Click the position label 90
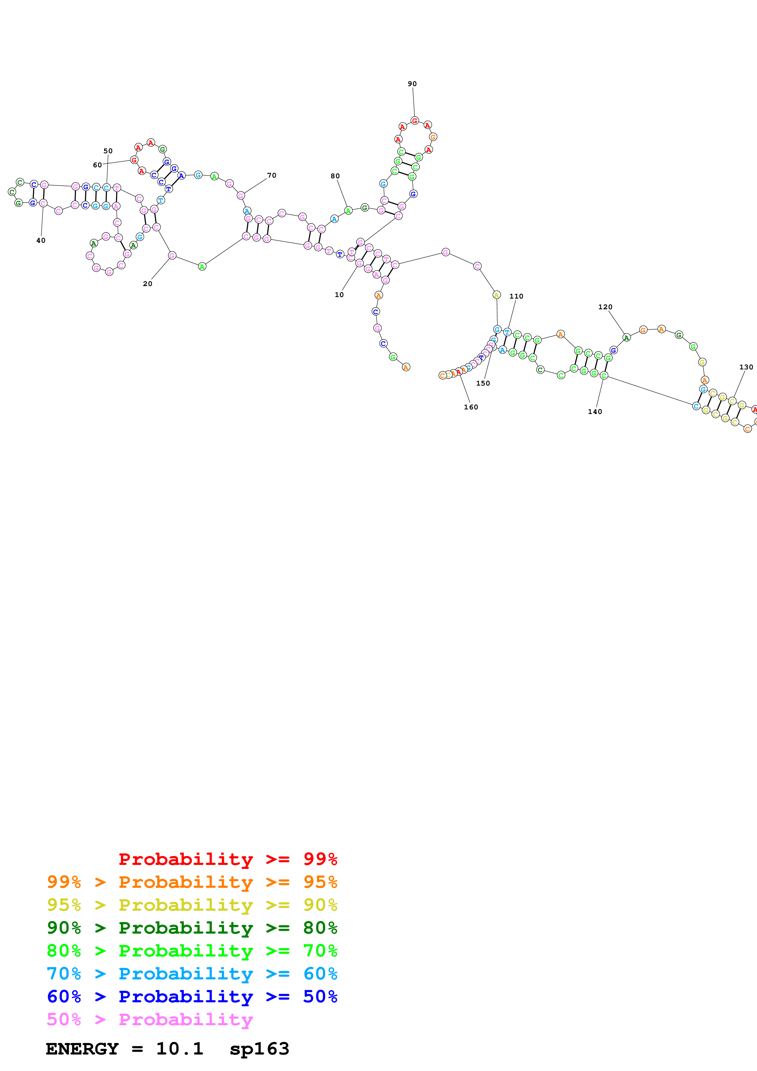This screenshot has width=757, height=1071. tap(412, 84)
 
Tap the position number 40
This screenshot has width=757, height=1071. tap(41, 241)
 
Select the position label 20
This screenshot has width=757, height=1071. tap(147, 284)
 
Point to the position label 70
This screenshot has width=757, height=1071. tap(271, 175)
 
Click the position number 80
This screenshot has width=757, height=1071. tap(335, 176)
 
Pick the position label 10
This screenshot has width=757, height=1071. tap(339, 295)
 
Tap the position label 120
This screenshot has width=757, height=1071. tap(605, 307)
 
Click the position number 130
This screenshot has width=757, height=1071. tap(746, 367)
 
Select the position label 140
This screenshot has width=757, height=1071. tap(595, 412)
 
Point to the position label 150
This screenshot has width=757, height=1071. tap(483, 383)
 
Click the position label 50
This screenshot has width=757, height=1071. tap(108, 151)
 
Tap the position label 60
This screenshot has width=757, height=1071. tap(97, 165)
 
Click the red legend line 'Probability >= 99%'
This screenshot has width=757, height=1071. tap(227, 859)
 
